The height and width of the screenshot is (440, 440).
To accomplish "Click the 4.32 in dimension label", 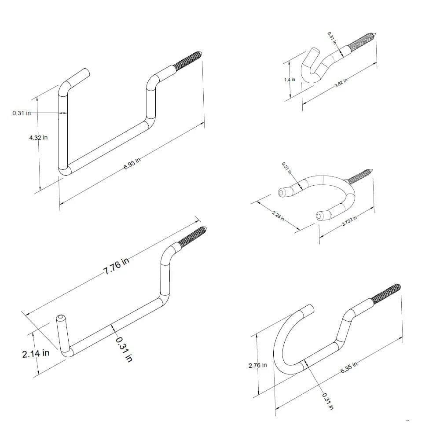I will (x=38, y=138).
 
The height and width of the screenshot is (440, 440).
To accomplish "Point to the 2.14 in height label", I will (x=36, y=353).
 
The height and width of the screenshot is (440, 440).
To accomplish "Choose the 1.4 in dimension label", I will (x=290, y=80).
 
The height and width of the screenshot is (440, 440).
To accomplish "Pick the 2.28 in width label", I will (x=278, y=215).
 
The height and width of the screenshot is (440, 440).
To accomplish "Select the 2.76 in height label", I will (x=257, y=365).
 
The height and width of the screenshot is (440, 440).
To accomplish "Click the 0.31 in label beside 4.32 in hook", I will (x=22, y=113).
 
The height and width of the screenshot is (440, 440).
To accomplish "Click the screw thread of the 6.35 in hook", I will (x=386, y=293).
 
